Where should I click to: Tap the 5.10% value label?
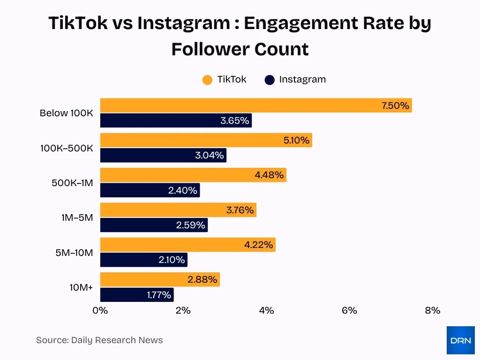tap(296, 140)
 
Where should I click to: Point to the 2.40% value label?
tap(183, 190)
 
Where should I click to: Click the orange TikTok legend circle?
tap(207, 80)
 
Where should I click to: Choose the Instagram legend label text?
tap(302, 79)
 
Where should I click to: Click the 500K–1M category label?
tap(72, 183)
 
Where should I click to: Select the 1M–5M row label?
tap(77, 217)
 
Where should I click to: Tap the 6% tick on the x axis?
tap(349, 310)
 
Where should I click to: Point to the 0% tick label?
tap(100, 310)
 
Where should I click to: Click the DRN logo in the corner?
tap(460, 340)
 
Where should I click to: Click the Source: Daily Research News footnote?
tap(99, 340)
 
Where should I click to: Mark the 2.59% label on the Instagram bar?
tap(190, 225)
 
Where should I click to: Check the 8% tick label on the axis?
tap(432, 310)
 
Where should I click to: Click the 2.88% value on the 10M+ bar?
tap(202, 280)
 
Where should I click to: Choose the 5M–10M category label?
tap(74, 253)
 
